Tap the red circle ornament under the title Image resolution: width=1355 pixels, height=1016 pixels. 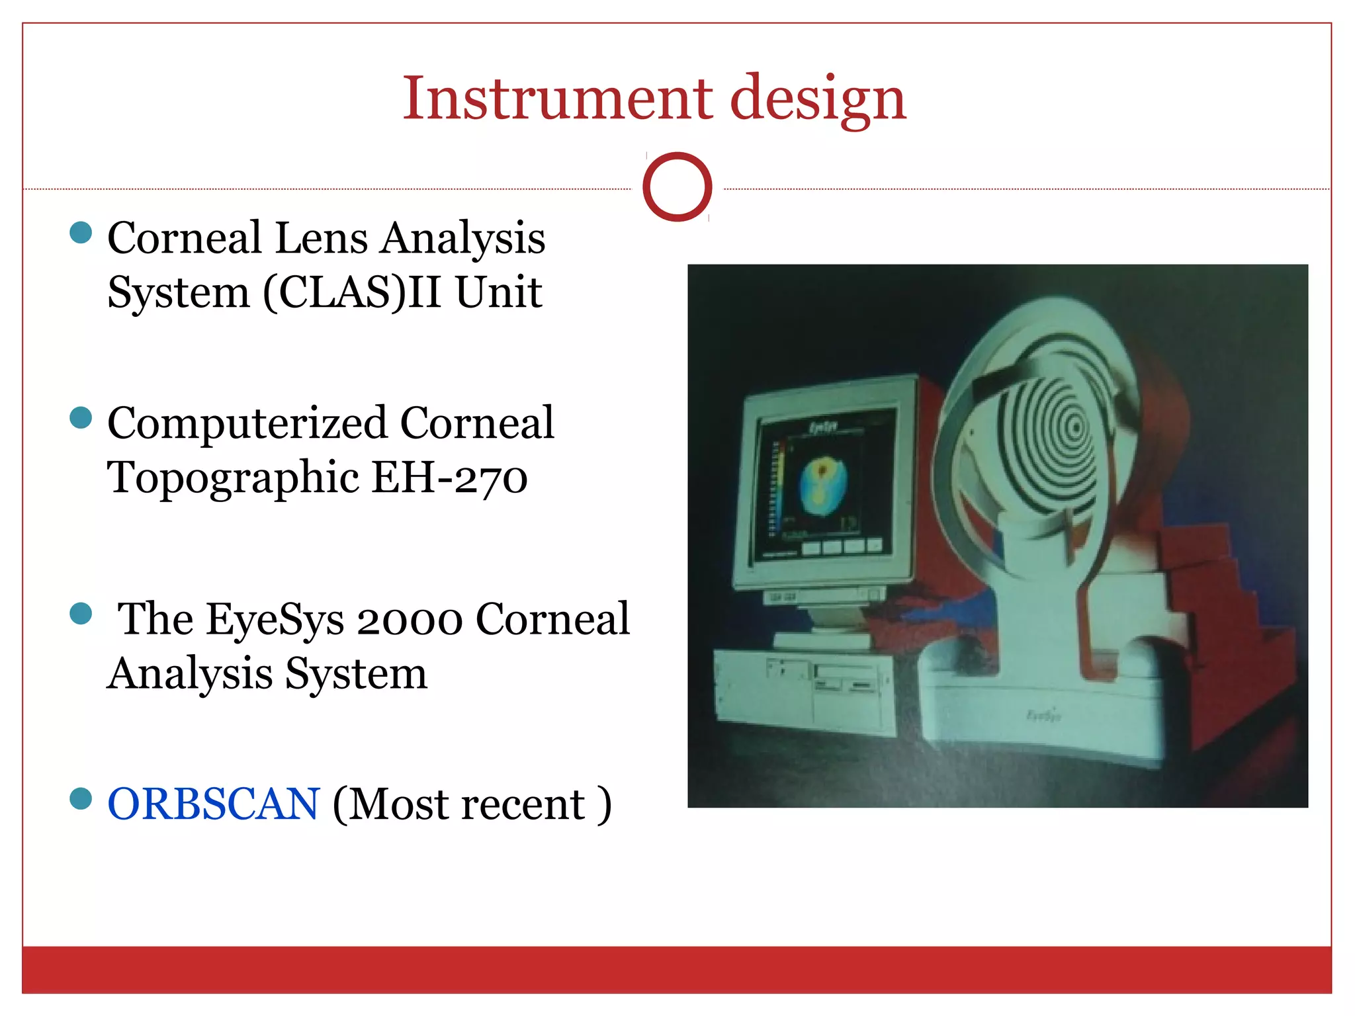click(677, 187)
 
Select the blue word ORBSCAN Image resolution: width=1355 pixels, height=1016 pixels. click(214, 804)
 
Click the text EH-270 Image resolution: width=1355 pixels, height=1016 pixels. click(449, 478)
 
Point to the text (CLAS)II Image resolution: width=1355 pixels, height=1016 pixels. click(352, 292)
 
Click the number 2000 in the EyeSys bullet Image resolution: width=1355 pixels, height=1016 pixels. click(409, 620)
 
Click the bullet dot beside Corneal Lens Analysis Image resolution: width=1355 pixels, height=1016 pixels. click(81, 232)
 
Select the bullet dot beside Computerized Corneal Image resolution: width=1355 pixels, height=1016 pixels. click(81, 417)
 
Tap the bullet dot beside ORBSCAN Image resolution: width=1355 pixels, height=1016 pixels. click(81, 798)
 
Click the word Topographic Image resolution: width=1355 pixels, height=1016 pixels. click(233, 478)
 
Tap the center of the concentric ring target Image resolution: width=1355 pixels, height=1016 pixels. click(1076, 428)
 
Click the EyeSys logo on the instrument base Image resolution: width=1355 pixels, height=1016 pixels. click(1043, 715)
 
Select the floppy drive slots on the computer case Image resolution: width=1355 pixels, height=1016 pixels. click(846, 681)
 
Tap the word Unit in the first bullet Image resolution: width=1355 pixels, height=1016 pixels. click(499, 292)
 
